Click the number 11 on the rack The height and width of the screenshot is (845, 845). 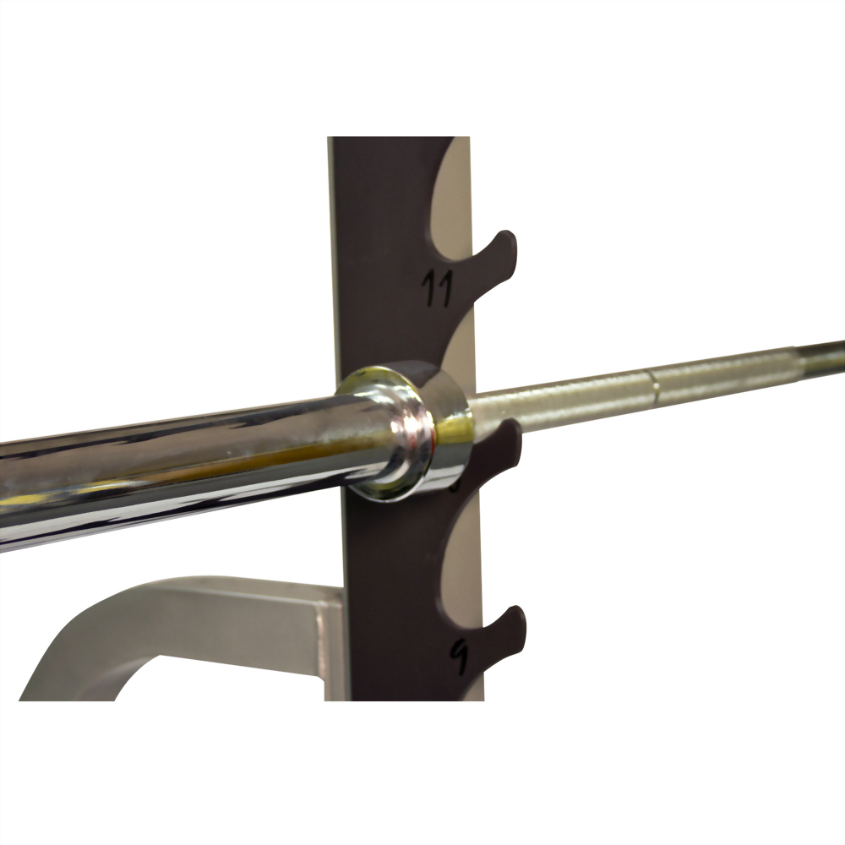[x=437, y=287]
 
